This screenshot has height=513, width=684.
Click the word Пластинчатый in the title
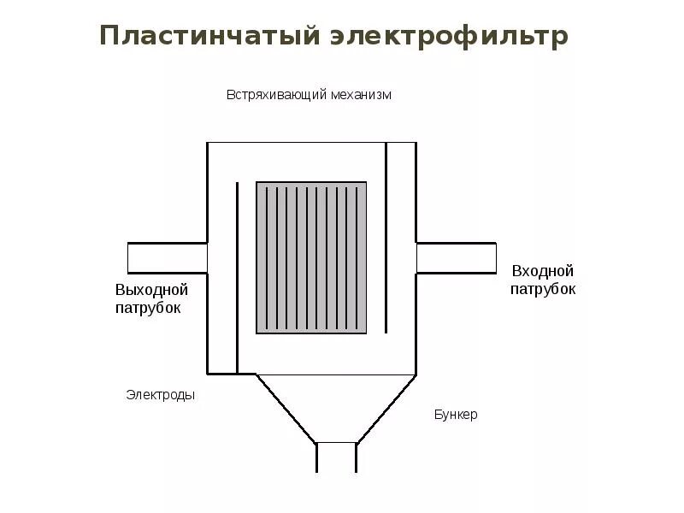209,37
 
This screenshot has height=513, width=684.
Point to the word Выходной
151,290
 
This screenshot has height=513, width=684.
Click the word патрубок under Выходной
148,308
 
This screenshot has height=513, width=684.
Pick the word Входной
543,271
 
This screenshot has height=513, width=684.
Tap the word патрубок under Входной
543,289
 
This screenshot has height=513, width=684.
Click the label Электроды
161,395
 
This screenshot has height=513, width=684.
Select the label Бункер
456,415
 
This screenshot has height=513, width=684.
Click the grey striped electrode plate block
311,257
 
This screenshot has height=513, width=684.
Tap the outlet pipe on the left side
168,257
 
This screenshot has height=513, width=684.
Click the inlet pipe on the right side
456,257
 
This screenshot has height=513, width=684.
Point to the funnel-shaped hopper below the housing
336,406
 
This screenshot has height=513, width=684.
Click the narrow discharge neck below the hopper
336,457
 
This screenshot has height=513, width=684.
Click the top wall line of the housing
311,143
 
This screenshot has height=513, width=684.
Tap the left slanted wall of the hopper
286,409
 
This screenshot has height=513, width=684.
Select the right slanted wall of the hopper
386,409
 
